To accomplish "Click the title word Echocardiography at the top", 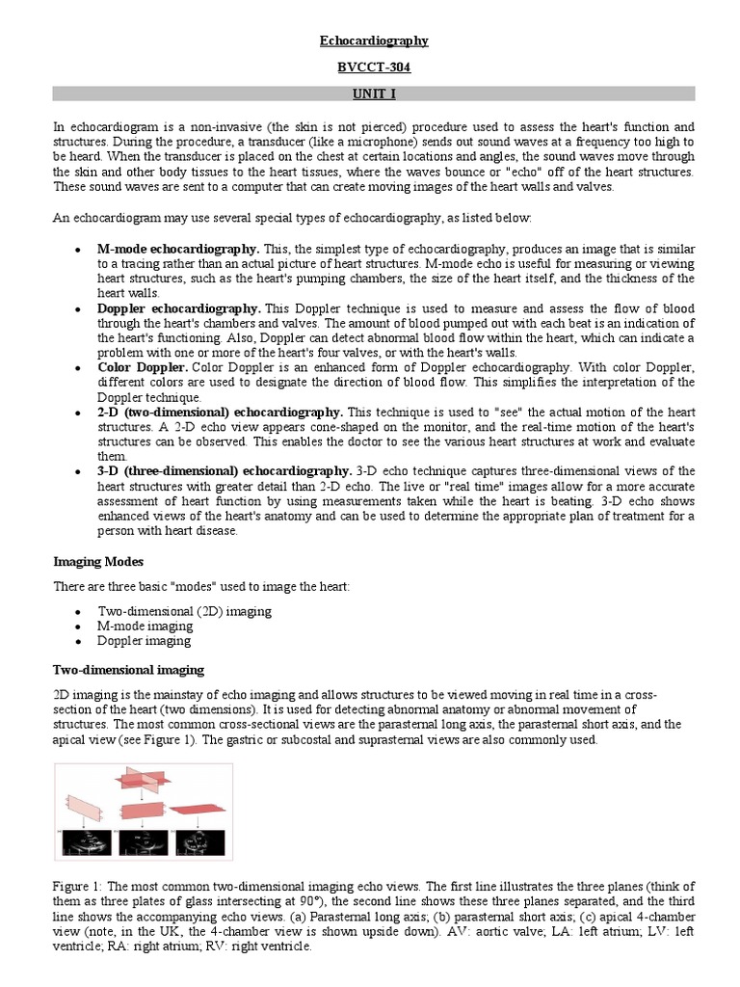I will click(374, 40).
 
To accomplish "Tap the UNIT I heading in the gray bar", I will click(374, 93).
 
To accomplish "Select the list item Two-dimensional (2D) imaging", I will click(184, 611).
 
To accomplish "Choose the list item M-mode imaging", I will click(145, 626).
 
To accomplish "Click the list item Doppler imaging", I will click(144, 640).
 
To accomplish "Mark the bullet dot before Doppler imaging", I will click(76, 641).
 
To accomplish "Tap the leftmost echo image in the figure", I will click(86, 844).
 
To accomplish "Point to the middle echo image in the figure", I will click(143, 844).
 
